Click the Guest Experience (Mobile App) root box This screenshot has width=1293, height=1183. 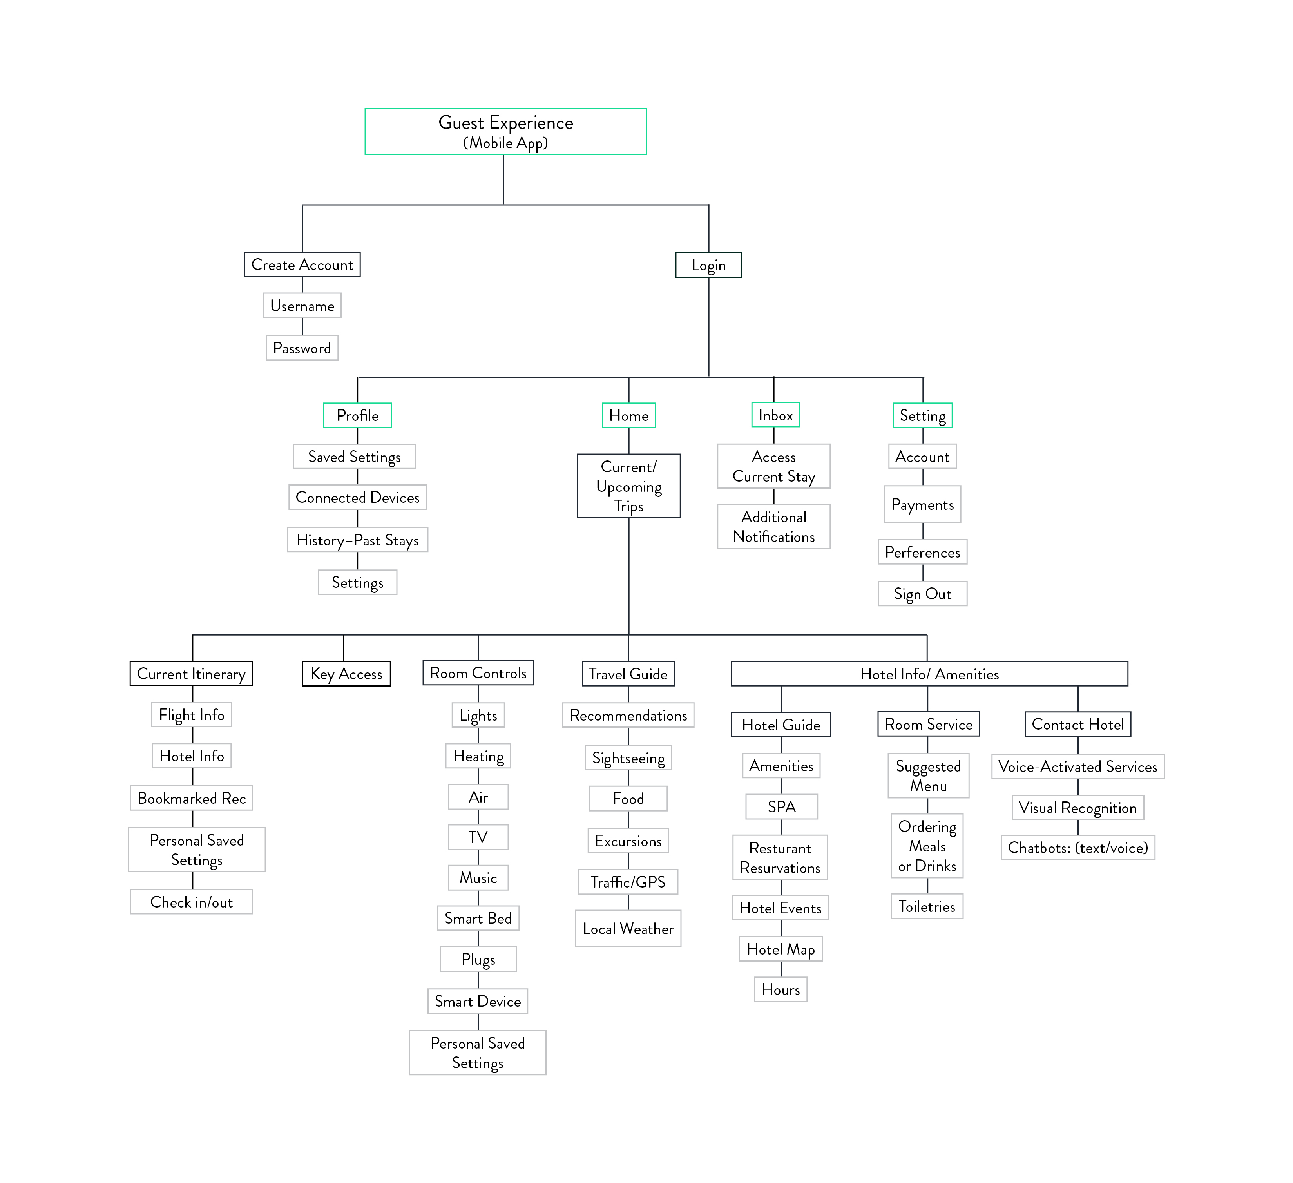point(505,132)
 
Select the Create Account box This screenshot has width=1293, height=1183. point(302,264)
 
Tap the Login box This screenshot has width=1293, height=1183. point(709,265)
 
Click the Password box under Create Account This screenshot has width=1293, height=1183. point(302,348)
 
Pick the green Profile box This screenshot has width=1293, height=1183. point(357,415)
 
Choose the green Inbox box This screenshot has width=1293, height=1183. point(775,415)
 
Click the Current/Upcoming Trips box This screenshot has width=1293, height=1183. point(628,486)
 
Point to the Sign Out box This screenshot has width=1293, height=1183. point(922,593)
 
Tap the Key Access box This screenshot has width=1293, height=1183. point(346,674)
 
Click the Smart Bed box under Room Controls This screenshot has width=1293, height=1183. point(478,918)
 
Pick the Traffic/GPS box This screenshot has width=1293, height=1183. point(628,882)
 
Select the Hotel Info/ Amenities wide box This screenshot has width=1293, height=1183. point(929,674)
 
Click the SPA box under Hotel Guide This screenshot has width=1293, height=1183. point(781,806)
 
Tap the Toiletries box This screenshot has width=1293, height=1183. point(927,906)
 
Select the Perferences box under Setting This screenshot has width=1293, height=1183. point(922,552)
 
